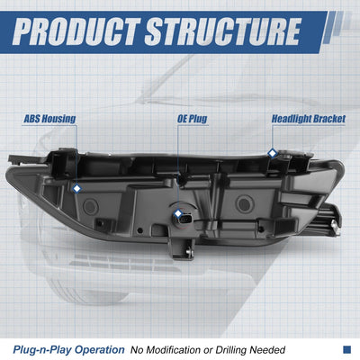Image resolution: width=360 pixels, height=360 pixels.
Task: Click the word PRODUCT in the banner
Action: coord(76,31)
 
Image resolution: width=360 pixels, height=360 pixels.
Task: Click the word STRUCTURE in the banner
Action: coord(223,31)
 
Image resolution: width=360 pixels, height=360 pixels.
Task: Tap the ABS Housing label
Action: coord(49,119)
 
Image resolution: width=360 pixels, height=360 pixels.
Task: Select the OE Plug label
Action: coord(192,119)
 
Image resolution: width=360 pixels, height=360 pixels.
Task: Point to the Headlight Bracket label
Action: coord(309,119)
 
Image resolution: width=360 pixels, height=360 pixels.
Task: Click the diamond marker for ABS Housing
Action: coord(77,188)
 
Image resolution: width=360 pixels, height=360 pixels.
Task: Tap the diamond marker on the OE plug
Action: coord(178,213)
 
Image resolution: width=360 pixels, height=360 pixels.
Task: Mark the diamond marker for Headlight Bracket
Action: coord(272,153)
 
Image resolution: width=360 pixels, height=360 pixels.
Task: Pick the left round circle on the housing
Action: coord(90,206)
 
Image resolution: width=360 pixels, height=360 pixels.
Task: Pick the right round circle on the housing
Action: coord(244,204)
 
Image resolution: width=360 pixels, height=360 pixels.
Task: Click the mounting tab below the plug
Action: coord(181,248)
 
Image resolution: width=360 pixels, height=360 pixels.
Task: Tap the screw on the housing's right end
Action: coord(334,224)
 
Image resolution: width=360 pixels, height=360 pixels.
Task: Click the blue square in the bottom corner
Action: coord(346,349)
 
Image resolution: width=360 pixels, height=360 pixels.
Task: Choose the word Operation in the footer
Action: coord(99,350)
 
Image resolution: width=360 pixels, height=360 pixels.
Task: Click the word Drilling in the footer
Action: coord(231,350)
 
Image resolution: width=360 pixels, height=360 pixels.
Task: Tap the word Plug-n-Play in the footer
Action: coord(42,350)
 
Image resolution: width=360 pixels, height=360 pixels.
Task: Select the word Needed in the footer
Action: coord(267,350)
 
